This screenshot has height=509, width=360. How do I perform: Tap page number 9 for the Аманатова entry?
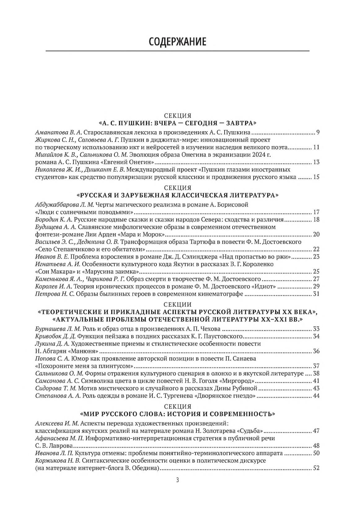click(318, 133)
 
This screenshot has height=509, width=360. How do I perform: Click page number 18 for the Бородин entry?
click(316, 220)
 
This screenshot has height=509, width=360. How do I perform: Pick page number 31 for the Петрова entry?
click(316, 294)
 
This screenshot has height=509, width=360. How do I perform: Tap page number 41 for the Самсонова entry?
click(316, 381)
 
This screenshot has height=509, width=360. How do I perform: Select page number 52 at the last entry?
click(316, 468)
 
